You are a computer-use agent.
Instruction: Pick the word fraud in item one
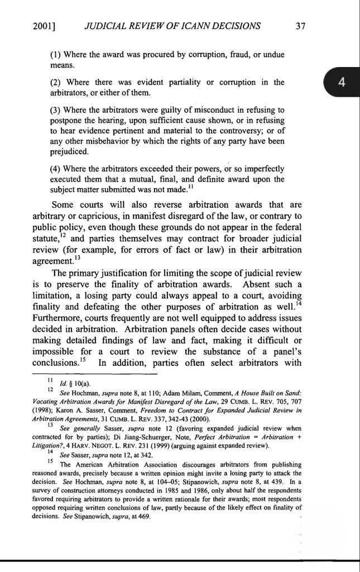(228, 55)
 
